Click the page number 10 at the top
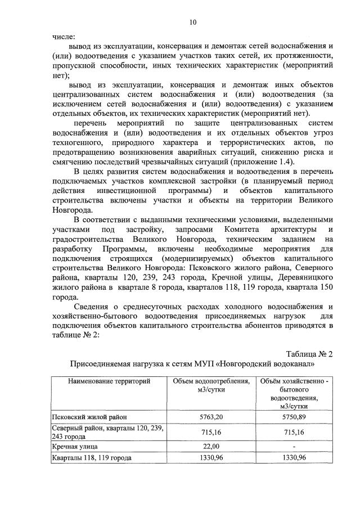pyautogui.click(x=193, y=23)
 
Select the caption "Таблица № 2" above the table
pyautogui.click(x=309, y=354)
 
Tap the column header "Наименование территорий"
pyautogui.click(x=109, y=381)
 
